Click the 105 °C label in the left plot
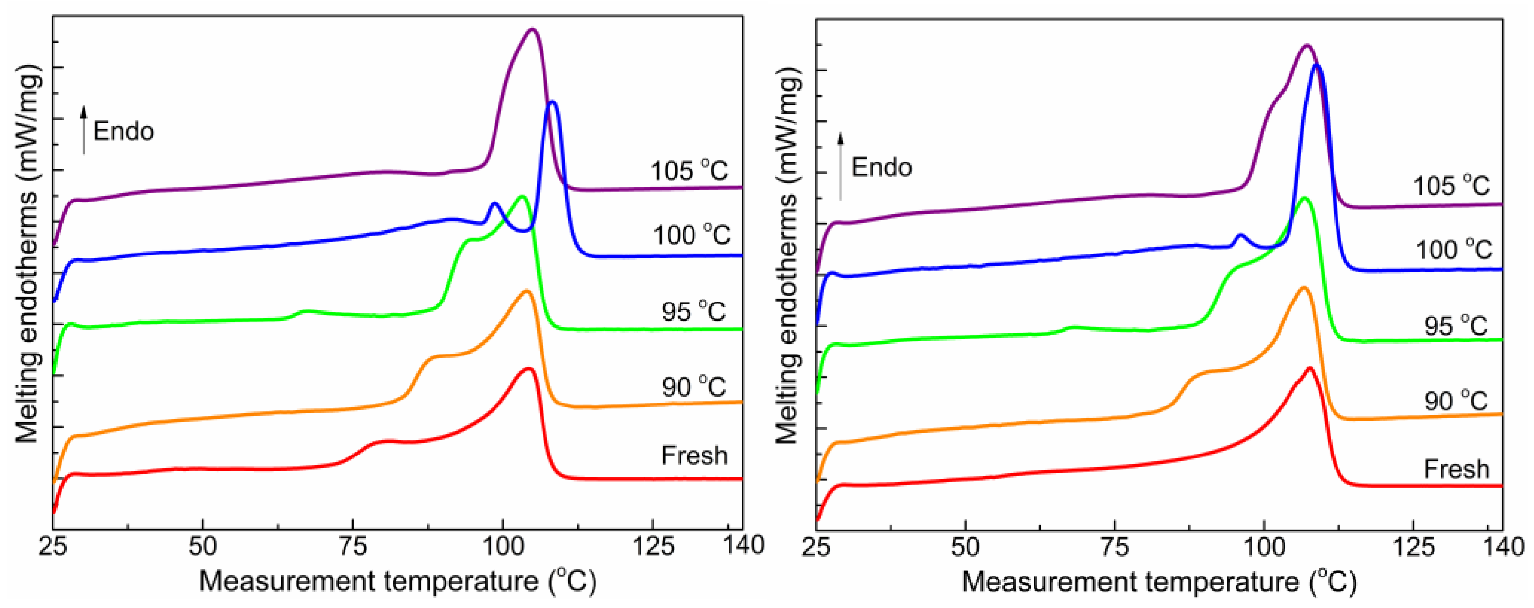[x=689, y=171]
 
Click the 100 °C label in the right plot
[x=1454, y=250]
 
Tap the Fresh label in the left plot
[x=694, y=456]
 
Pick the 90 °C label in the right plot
[x=1456, y=402]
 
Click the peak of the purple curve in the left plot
[x=533, y=29]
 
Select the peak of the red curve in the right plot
[x=1309, y=368]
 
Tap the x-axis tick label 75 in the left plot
[x=352, y=546]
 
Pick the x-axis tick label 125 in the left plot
[x=653, y=546]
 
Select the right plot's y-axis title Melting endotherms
[x=787, y=256]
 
